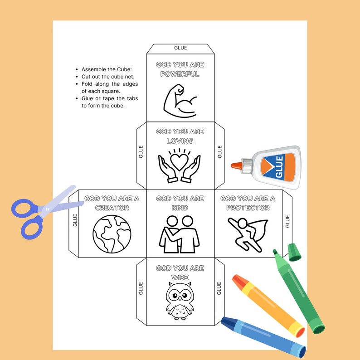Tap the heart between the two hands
[x=180, y=162]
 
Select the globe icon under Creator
[x=112, y=234]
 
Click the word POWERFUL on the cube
[x=180, y=74]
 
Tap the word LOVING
[x=180, y=141]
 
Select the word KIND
[x=180, y=208]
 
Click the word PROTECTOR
[x=248, y=208]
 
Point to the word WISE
[x=180, y=277]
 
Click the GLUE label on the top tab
[x=180, y=48]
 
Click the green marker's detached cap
[x=294, y=252]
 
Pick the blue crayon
[x=263, y=336]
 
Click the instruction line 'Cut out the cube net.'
[x=105, y=77]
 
